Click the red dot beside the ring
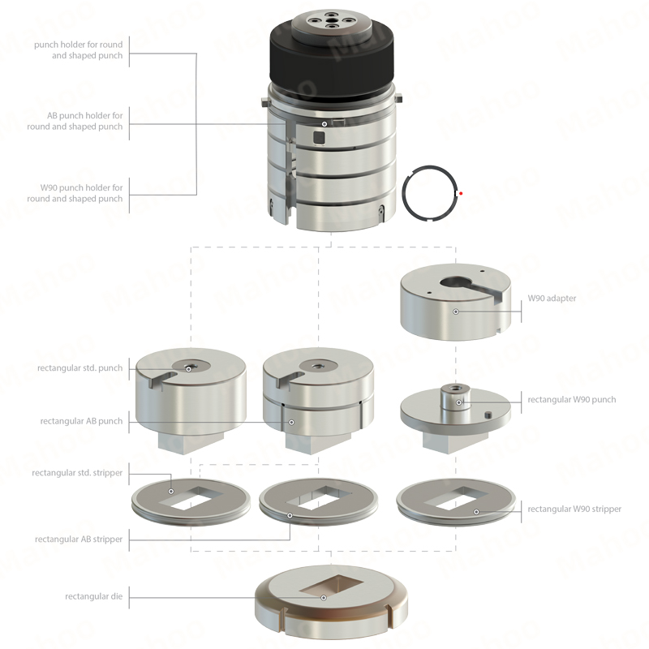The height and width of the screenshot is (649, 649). coord(461,193)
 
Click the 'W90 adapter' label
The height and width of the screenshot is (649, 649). coord(552,298)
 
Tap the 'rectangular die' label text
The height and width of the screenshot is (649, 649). coord(93,596)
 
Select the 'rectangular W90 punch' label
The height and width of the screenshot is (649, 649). coord(572,399)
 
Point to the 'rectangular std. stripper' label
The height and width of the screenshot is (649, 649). coord(77,473)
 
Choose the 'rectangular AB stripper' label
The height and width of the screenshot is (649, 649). coord(79,539)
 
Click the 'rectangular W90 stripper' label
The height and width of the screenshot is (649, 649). coord(574,509)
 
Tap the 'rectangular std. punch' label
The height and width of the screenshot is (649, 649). coord(80,368)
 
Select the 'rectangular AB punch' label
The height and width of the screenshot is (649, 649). coord(81,421)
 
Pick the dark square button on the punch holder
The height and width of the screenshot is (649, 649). coord(319,138)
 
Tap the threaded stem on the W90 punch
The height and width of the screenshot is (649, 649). coord(455,396)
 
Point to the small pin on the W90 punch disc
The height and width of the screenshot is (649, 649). coord(488,415)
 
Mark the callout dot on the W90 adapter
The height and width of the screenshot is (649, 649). coord(456,312)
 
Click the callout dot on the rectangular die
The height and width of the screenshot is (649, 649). coord(324,598)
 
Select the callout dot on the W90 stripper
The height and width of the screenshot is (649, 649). coord(476,512)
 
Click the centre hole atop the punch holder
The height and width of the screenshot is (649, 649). coord(331,19)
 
